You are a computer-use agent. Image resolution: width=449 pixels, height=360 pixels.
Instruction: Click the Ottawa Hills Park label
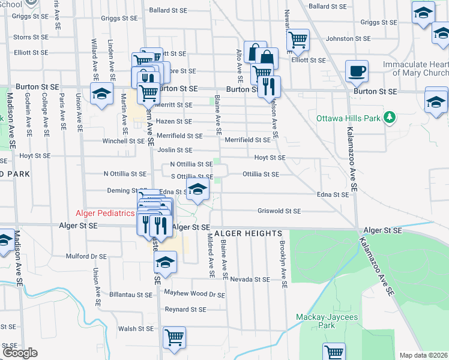[349, 118]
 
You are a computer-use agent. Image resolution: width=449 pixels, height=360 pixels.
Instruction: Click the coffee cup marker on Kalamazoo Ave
[357, 71]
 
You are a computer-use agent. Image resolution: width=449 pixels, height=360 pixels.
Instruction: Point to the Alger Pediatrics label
[106, 213]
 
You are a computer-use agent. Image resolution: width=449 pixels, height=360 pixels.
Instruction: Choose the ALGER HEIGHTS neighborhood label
[247, 233]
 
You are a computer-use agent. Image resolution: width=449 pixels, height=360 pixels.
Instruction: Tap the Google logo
[20, 353]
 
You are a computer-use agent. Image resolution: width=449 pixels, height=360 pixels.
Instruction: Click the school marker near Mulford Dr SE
[166, 262]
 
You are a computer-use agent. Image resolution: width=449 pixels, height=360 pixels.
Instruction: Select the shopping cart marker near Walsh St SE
[173, 337]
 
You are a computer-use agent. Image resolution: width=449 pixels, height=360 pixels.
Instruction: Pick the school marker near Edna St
[197, 190]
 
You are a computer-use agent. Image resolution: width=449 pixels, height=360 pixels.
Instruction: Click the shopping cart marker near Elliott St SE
[298, 40]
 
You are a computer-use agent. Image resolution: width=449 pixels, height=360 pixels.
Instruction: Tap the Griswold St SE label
[279, 211]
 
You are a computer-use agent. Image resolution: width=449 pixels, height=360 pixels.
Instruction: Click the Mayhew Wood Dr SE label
[194, 295]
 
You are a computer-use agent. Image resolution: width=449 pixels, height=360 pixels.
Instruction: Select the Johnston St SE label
[346, 38]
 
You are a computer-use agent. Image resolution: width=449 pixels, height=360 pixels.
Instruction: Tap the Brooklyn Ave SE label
[283, 261]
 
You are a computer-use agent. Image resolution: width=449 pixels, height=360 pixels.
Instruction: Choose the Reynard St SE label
[185, 310]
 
